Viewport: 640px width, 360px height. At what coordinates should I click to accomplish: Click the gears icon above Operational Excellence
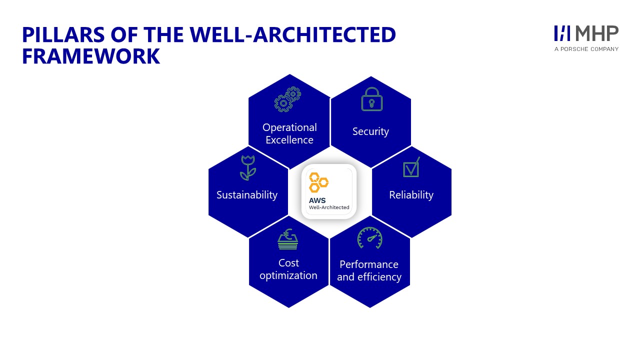pyautogui.click(x=287, y=99)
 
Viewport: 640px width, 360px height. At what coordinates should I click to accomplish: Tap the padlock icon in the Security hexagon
pyautogui.click(x=371, y=99)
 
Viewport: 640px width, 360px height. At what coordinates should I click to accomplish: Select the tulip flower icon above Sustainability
pyautogui.click(x=248, y=168)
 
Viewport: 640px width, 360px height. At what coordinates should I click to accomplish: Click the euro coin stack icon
pyautogui.click(x=287, y=239)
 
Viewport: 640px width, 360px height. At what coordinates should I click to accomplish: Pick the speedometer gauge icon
pyautogui.click(x=369, y=237)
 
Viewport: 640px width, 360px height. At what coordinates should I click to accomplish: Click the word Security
pyautogui.click(x=370, y=131)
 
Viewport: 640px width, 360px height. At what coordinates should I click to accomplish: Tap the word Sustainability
pyautogui.click(x=247, y=195)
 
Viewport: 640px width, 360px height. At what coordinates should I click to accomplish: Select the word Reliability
pyautogui.click(x=411, y=195)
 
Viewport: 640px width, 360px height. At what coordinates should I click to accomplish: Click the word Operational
pyautogui.click(x=289, y=127)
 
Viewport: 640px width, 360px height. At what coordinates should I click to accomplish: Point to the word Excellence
pyautogui.click(x=289, y=140)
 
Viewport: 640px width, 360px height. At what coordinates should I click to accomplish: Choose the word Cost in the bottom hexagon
pyautogui.click(x=288, y=263)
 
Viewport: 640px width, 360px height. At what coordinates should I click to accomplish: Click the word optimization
pyautogui.click(x=288, y=275)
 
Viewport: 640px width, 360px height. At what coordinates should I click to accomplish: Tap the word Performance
pyautogui.click(x=369, y=264)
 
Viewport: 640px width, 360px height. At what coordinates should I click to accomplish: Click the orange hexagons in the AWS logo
pyautogui.click(x=318, y=182)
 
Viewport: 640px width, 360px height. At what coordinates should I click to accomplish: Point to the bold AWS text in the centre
pyautogui.click(x=317, y=200)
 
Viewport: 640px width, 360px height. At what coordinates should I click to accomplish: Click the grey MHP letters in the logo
pyautogui.click(x=596, y=33)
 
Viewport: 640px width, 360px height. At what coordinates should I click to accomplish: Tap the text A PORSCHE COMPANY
pyautogui.click(x=586, y=49)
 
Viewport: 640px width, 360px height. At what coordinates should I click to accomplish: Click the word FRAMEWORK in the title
pyautogui.click(x=91, y=56)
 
